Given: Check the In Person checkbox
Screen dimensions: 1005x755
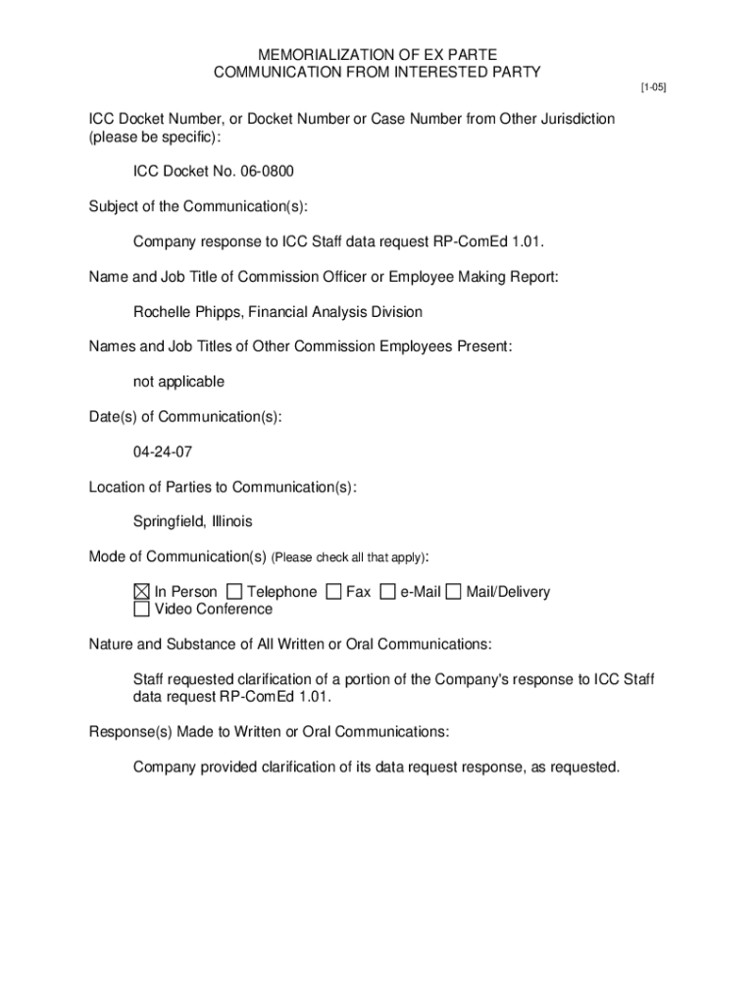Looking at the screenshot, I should pyautogui.click(x=142, y=592).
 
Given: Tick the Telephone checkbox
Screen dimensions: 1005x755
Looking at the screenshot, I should pyautogui.click(x=234, y=592).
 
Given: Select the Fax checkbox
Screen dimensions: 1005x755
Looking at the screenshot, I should pyautogui.click(x=333, y=592).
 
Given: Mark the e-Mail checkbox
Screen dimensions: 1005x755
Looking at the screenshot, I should pyautogui.click(x=387, y=592).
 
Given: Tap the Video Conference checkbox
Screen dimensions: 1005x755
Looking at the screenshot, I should pyautogui.click(x=142, y=609).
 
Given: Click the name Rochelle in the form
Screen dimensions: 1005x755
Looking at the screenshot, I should pyautogui.click(x=162, y=312).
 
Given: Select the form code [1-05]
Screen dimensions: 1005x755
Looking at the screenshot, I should pyautogui.click(x=653, y=88).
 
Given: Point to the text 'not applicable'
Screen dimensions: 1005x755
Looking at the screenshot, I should pyautogui.click(x=178, y=382).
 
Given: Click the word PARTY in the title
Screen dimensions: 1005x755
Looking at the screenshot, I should pyautogui.click(x=516, y=72).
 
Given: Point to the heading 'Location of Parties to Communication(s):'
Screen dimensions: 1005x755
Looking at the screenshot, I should pyautogui.click(x=223, y=487).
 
